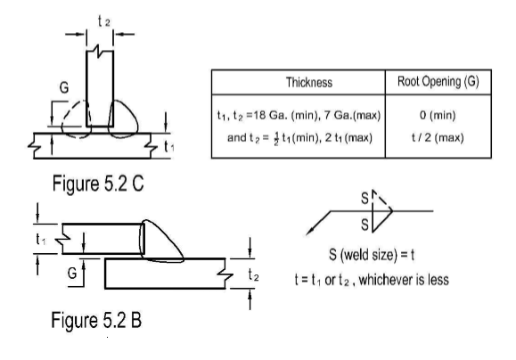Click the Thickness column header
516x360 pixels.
tap(309, 82)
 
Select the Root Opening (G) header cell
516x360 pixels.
tap(438, 82)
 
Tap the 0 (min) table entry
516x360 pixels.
tap(438, 115)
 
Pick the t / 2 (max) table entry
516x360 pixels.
tap(438, 137)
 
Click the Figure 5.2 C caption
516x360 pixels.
tap(98, 184)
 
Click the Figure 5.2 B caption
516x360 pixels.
tap(96, 320)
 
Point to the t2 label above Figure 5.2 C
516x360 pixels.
tap(104, 21)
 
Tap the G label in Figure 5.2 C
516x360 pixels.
tap(64, 88)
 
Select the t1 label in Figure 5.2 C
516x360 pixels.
tap(168, 146)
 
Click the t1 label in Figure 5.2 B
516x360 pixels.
tap(41, 239)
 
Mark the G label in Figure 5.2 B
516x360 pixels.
tap(72, 274)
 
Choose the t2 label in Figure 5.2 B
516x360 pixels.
tap(253, 274)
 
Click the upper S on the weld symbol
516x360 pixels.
tap(364, 199)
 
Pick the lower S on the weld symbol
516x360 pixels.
tap(364, 225)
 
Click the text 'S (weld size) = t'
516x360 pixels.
tap(372, 255)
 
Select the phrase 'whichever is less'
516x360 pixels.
tap(404, 280)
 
